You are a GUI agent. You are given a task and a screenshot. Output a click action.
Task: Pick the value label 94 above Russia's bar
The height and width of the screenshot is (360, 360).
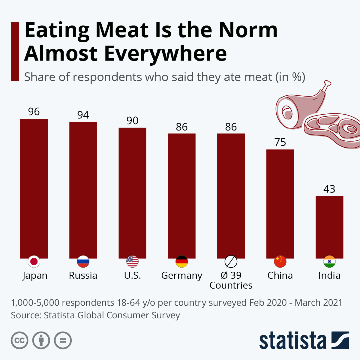pyautogui.click(x=83, y=115)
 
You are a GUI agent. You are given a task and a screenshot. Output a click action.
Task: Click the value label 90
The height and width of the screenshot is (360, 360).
pyautogui.click(x=132, y=121)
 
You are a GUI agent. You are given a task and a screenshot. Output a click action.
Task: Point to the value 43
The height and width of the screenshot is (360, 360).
pyautogui.click(x=329, y=189)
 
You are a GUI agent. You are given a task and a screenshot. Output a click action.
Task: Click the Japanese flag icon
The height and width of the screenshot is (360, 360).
pyautogui.click(x=34, y=262)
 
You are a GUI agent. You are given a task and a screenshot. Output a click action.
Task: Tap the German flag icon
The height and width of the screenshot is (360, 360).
pyautogui.click(x=181, y=262)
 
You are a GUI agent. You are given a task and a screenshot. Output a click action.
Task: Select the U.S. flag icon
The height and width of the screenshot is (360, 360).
pyautogui.click(x=132, y=262)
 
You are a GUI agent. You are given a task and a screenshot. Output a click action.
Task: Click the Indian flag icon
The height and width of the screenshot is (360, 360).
pyautogui.click(x=329, y=262)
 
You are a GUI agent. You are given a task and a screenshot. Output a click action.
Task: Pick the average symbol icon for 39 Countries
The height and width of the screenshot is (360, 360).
pyautogui.click(x=231, y=262)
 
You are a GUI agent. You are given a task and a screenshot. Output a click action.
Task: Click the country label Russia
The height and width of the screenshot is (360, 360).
pyautogui.click(x=83, y=275)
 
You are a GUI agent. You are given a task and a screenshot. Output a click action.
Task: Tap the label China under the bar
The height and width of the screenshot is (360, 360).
pyautogui.click(x=280, y=275)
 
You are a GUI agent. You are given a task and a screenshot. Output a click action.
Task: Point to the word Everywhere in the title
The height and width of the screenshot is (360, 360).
pyautogui.click(x=165, y=53)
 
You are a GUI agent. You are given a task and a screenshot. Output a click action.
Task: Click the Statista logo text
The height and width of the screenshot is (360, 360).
pyautogui.click(x=292, y=341)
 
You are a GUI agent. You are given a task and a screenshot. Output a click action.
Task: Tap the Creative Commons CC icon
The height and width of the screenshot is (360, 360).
pyautogui.click(x=19, y=340)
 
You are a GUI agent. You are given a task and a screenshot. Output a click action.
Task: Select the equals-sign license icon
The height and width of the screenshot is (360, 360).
pyautogui.click(x=63, y=340)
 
